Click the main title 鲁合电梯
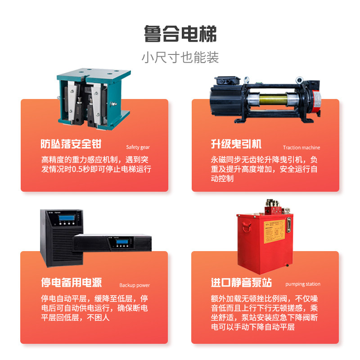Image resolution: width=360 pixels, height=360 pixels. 180,34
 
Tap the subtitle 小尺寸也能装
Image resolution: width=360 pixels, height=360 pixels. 180,58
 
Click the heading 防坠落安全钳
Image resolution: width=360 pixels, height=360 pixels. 71,144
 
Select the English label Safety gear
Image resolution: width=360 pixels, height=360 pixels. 138,147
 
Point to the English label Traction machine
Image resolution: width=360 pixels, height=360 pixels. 301,147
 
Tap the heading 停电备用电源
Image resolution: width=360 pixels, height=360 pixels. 71,283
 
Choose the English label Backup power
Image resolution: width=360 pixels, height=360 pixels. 135,285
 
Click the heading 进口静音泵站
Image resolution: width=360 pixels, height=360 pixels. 241,283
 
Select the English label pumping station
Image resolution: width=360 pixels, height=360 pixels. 303,284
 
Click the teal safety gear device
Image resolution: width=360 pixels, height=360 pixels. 90,97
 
